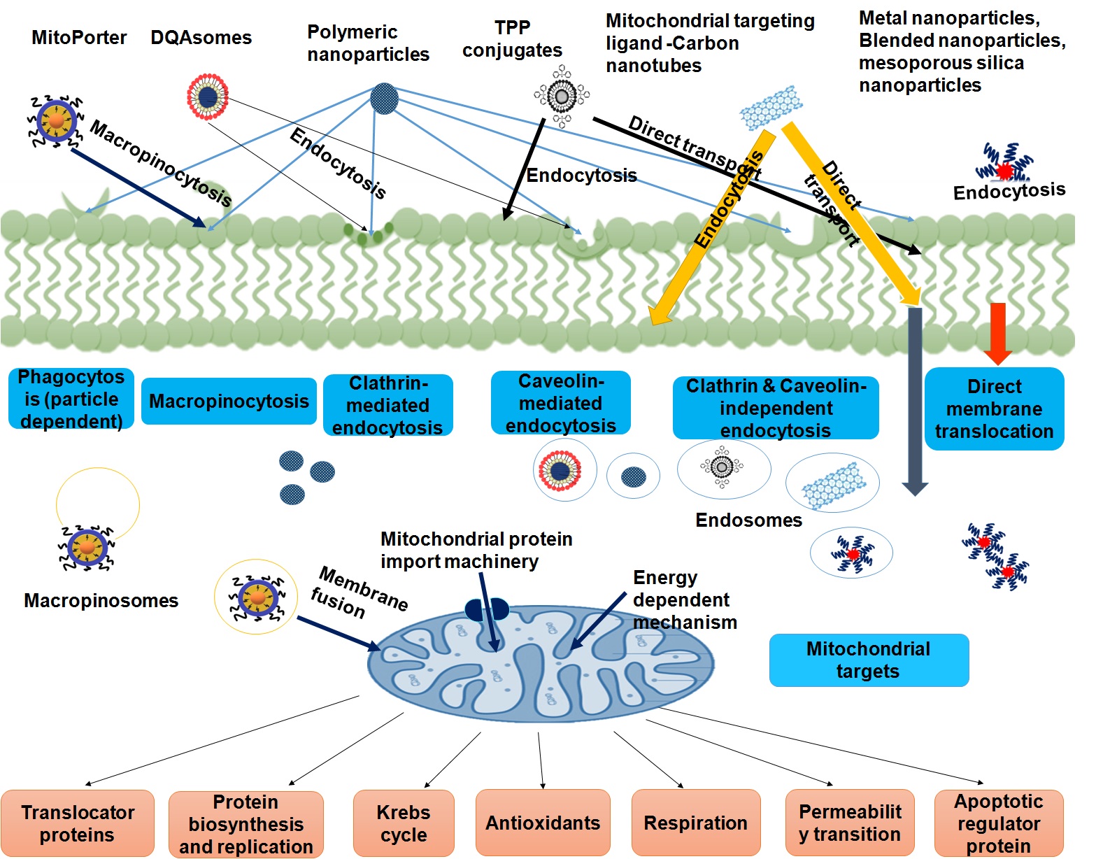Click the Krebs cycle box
[404, 823]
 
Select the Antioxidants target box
[543, 823]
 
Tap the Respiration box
[695, 823]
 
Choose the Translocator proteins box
[78, 823]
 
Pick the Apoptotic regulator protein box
[998, 823]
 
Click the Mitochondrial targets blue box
[868, 660]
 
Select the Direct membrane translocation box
[994, 409]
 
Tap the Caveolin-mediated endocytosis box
[560, 403]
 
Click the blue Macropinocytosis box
[229, 401]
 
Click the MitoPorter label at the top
[79, 37]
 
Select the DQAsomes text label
[201, 37]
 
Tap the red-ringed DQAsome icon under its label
[208, 97]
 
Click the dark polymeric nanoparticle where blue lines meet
[383, 99]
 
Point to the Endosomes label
[748, 520]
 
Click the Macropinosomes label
[101, 600]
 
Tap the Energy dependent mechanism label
[684, 599]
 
